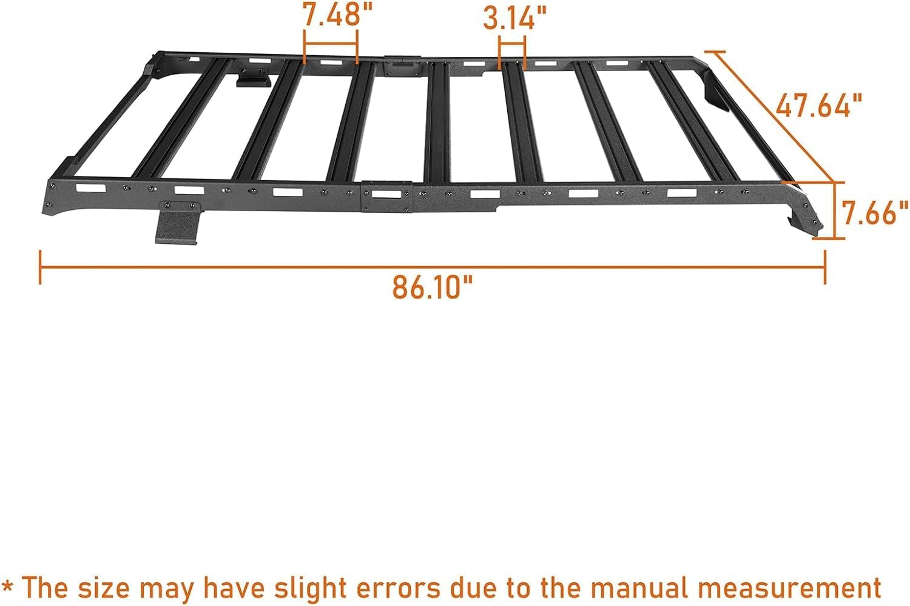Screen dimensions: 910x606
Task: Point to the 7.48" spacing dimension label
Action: [x=331, y=15]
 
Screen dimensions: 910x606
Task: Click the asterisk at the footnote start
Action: [x=9, y=587]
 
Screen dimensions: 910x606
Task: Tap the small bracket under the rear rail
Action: [x=254, y=77]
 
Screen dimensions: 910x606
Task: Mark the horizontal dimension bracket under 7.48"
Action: [x=331, y=45]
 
